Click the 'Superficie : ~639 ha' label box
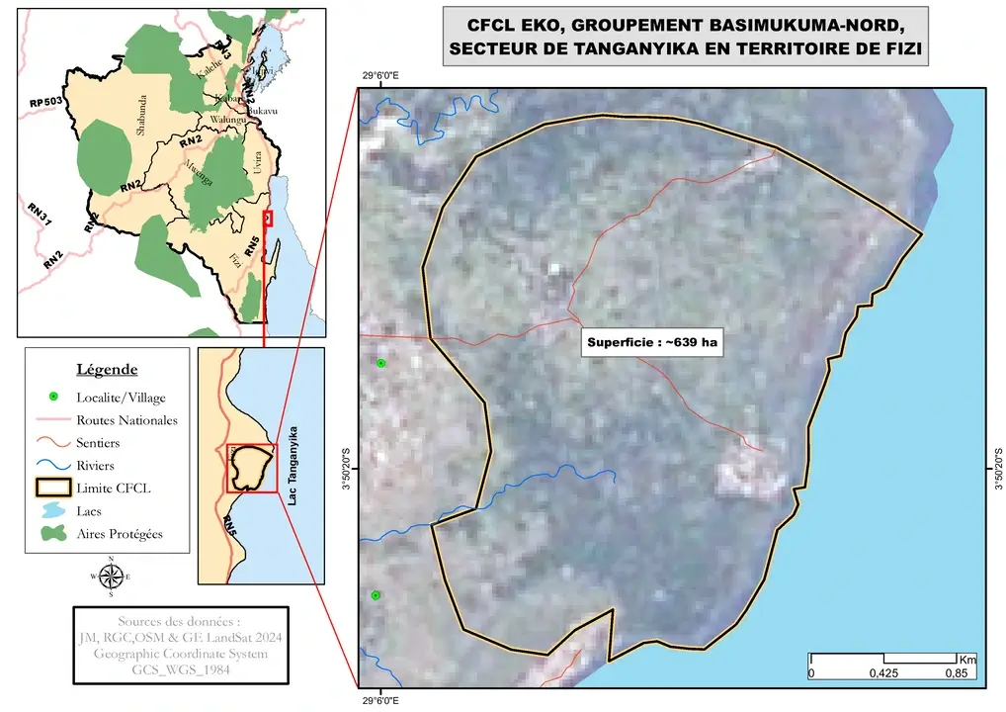pos(651,343)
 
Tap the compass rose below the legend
pos(110,576)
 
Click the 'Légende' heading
pos(107,370)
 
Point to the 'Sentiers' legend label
pos(98,443)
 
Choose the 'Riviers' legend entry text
pos(95,466)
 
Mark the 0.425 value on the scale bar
pos(883,674)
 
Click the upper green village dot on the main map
pos(381,364)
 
